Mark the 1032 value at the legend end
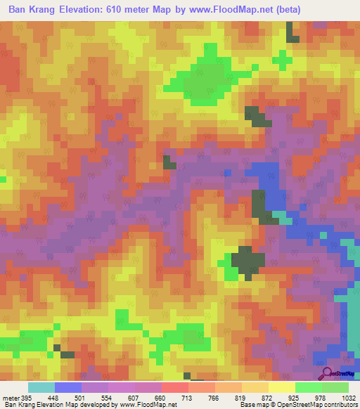[x=349, y=397]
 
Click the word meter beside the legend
[x=10, y=397]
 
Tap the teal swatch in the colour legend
[x=41, y=387]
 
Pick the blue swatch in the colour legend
[x=67, y=387]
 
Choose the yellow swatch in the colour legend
[x=281, y=387]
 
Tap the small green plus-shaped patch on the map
[x=283, y=60]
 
